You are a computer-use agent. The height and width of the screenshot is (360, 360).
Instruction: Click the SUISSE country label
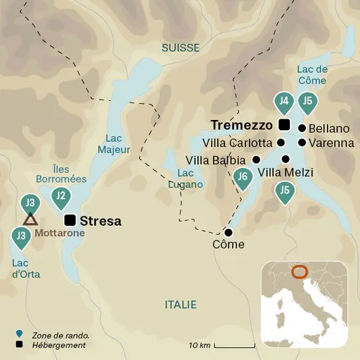(x=181, y=48)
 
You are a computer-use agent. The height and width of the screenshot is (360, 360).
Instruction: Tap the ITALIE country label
(x=181, y=305)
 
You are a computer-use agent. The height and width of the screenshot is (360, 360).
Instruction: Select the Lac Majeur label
(x=113, y=143)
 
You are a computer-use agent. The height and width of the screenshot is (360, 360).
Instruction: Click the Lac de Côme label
(x=311, y=75)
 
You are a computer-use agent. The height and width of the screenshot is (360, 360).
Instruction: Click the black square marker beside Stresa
(x=69, y=220)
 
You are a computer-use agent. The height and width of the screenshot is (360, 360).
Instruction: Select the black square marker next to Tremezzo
(x=284, y=124)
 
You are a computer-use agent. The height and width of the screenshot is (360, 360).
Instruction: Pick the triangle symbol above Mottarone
(x=29, y=219)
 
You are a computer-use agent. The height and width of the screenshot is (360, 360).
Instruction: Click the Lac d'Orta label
(x=26, y=268)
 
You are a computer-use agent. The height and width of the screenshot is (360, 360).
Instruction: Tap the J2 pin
(x=61, y=197)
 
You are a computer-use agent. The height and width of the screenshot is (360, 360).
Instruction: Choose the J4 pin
(x=284, y=102)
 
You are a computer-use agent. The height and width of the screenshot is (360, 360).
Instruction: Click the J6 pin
(x=243, y=177)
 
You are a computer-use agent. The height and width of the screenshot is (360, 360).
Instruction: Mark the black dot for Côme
(x=228, y=233)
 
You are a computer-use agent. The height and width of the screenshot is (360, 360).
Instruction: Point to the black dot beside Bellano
(x=302, y=128)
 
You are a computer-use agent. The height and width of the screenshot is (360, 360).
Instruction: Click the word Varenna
(x=331, y=143)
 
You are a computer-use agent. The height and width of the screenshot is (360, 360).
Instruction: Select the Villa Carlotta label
(x=237, y=143)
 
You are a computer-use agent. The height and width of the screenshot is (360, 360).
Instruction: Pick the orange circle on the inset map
(x=300, y=272)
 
